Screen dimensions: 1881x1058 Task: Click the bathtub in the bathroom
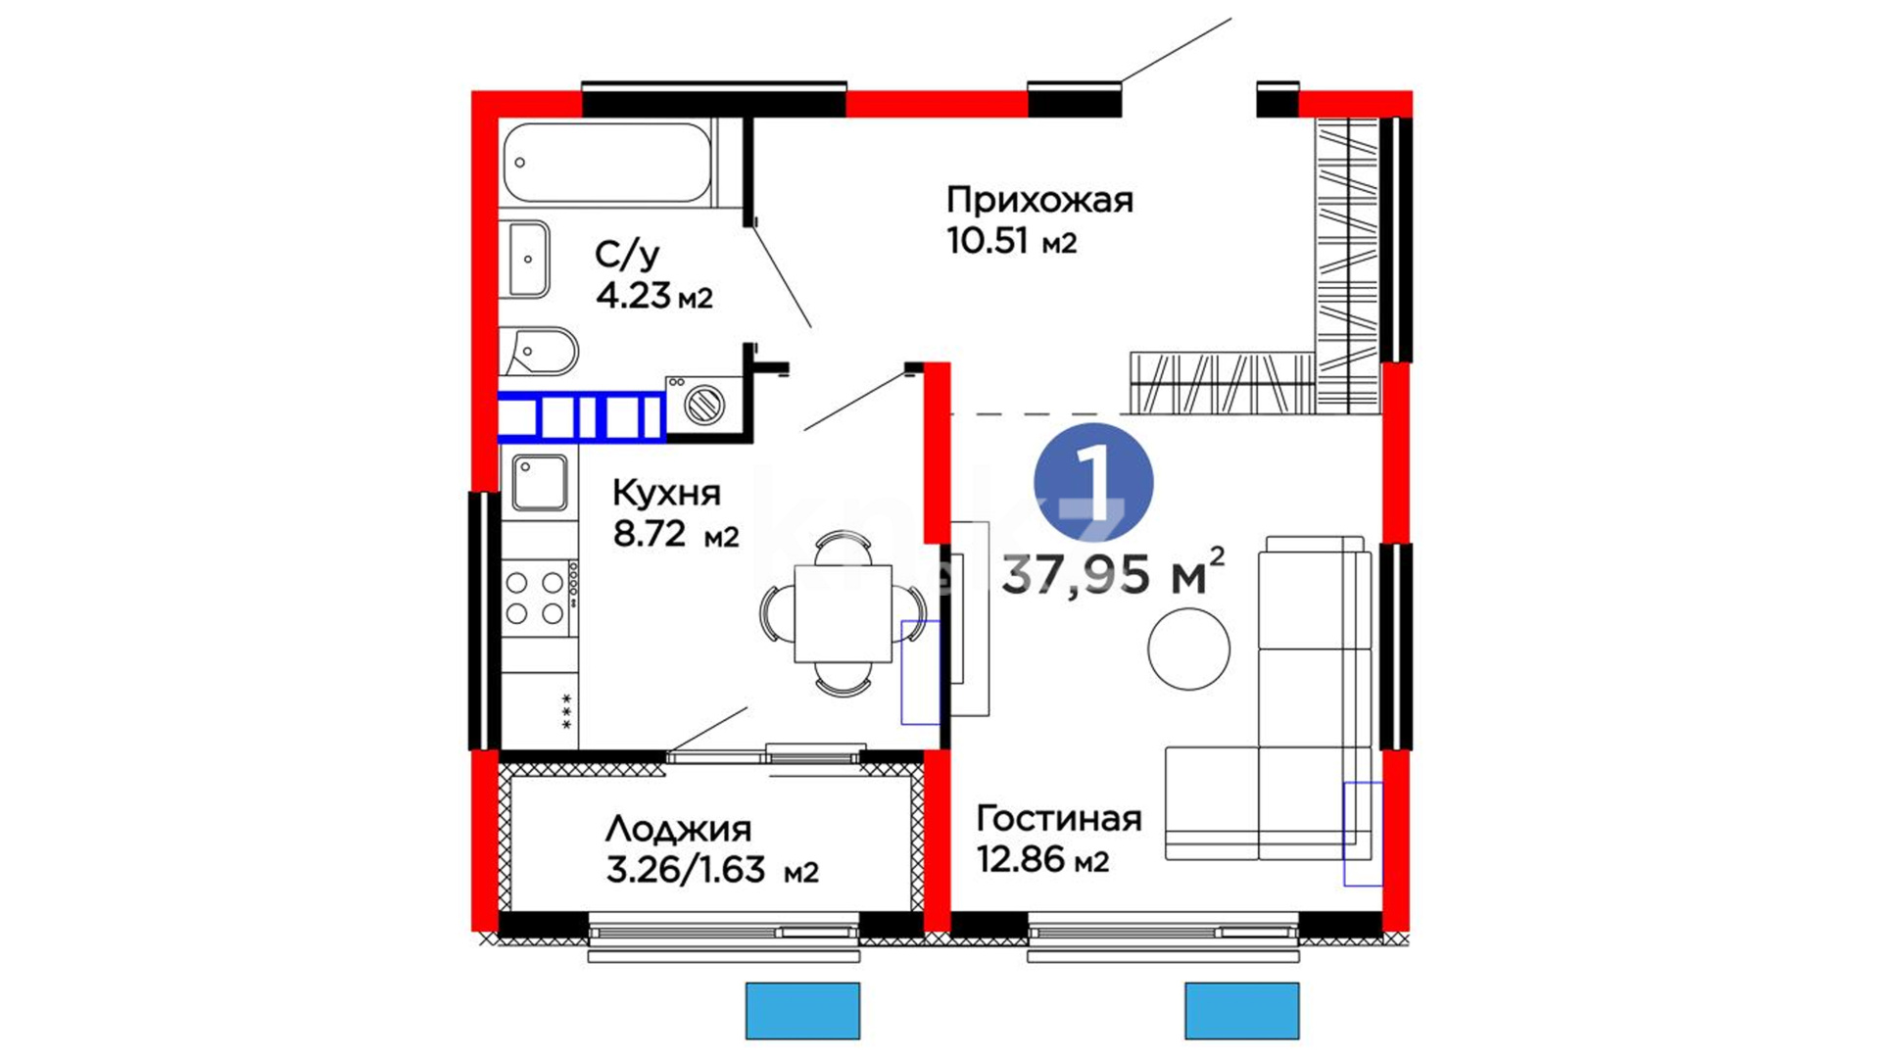(x=608, y=163)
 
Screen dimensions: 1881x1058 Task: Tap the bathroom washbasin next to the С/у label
(x=526, y=259)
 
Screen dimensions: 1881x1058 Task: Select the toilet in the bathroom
(x=540, y=351)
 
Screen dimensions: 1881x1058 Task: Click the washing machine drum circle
(x=703, y=404)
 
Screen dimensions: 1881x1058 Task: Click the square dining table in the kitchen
(x=843, y=613)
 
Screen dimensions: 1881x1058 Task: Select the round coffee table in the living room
(x=1188, y=649)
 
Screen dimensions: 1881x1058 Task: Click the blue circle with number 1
(x=1093, y=483)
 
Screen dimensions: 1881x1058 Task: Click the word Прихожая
(x=1039, y=200)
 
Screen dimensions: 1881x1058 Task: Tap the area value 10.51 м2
(x=1011, y=241)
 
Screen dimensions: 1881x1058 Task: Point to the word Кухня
(x=666, y=493)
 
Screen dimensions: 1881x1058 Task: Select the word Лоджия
(x=678, y=830)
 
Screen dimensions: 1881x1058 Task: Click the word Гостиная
(x=1059, y=818)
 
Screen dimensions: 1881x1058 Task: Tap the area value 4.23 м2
(x=654, y=295)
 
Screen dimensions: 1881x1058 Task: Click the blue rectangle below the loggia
(x=802, y=1011)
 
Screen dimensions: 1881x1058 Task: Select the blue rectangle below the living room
(x=1242, y=1011)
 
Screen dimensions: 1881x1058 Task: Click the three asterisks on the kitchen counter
(x=566, y=711)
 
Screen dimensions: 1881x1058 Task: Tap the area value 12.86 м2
(x=1042, y=859)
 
